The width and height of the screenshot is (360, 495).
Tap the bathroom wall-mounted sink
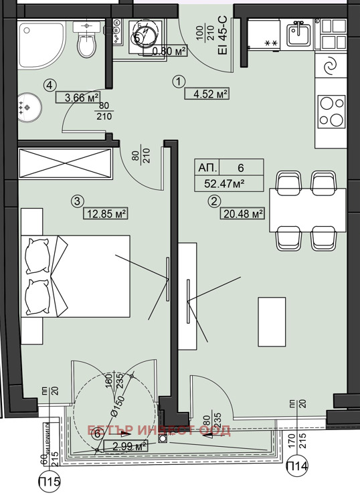pyautogui.click(x=86, y=25)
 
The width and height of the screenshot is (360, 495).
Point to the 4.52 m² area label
pyautogui.click(x=207, y=93)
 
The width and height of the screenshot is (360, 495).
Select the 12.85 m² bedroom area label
pyautogui.click(x=106, y=214)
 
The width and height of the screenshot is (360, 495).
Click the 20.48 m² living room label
pyautogui.click(x=242, y=214)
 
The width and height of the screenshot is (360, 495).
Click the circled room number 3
pyautogui.click(x=78, y=201)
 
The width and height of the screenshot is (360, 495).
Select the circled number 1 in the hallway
pyautogui.click(x=178, y=81)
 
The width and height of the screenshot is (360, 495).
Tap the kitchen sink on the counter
pyautogui.click(x=296, y=33)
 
